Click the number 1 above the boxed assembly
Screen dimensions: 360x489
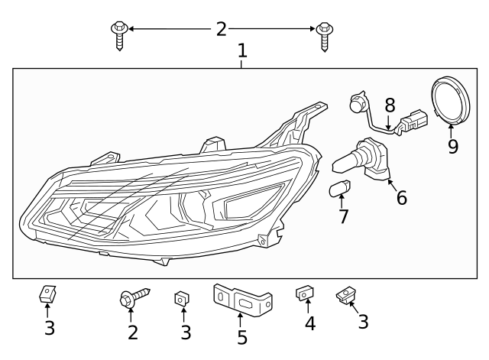point(242,51)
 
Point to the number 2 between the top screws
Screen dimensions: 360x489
point(221,29)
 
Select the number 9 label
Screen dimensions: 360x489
point(452,145)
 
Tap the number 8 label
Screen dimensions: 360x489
point(390,105)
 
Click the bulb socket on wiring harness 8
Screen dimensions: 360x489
point(356,102)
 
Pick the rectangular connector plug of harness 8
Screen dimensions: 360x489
point(413,122)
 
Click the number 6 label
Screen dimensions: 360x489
point(401,198)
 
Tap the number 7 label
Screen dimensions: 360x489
point(344,216)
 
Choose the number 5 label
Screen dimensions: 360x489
point(241,337)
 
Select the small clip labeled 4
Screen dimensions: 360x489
point(304,294)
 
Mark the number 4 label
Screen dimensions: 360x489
point(309,324)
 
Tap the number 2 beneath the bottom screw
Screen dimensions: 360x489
point(133,332)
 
